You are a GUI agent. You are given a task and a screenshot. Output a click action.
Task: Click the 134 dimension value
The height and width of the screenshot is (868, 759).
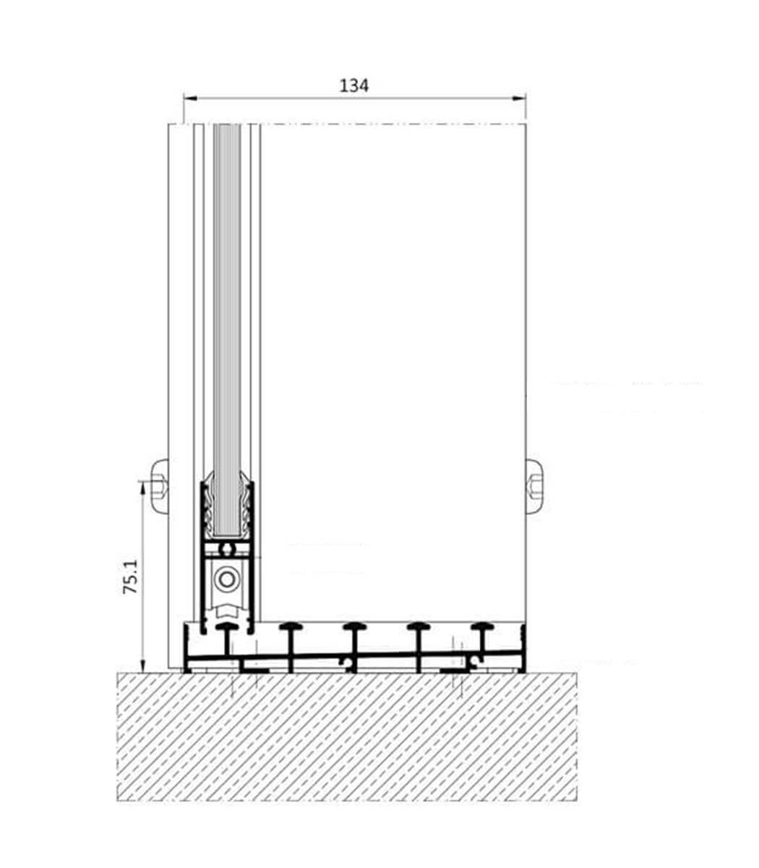[x=354, y=86]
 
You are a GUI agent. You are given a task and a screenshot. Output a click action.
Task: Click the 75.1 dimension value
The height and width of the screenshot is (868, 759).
[x=131, y=576]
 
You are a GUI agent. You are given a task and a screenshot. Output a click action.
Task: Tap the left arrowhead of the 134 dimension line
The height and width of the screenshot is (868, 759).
[x=190, y=98]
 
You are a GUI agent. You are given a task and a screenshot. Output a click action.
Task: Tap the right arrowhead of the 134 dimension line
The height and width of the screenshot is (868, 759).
[x=519, y=98]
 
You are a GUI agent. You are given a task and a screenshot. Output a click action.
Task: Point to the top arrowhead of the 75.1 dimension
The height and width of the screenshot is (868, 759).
[x=143, y=488]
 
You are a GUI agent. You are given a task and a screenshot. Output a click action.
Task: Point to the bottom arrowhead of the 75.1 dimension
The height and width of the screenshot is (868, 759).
[x=143, y=665]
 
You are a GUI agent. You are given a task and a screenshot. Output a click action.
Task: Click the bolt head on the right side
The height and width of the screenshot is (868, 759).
[x=534, y=487]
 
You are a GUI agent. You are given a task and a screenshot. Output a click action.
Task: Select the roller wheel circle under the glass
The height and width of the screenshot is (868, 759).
[x=227, y=579]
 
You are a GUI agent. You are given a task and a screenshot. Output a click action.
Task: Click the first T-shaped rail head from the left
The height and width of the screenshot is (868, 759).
[x=227, y=626]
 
